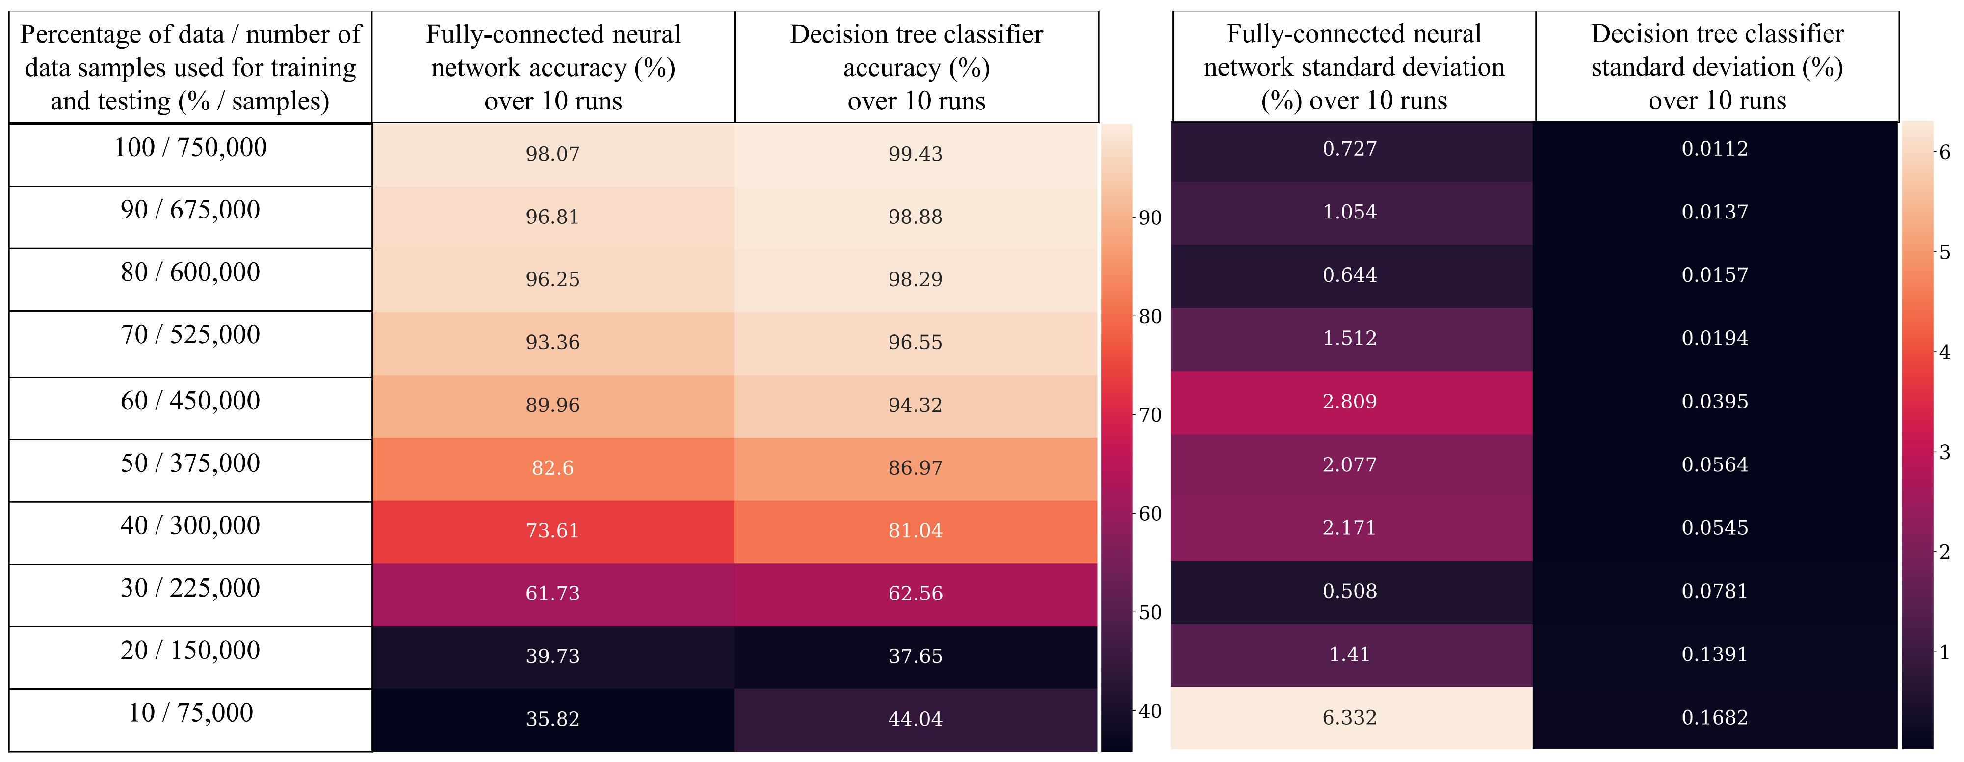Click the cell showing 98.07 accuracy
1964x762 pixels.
[x=553, y=154]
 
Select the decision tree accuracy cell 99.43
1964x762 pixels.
[x=916, y=154]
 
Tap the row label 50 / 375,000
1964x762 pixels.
[x=190, y=463]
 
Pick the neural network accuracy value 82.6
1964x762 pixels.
[x=553, y=467]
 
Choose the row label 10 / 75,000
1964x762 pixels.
[x=190, y=712]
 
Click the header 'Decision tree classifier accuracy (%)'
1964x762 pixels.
[x=917, y=51]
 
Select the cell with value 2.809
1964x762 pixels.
[x=1350, y=402]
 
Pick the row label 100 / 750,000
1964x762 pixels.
[x=190, y=147]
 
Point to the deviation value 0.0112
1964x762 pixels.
[x=1715, y=149]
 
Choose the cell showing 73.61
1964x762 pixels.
[x=553, y=531]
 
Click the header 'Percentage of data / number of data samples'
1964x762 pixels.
[x=190, y=51]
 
